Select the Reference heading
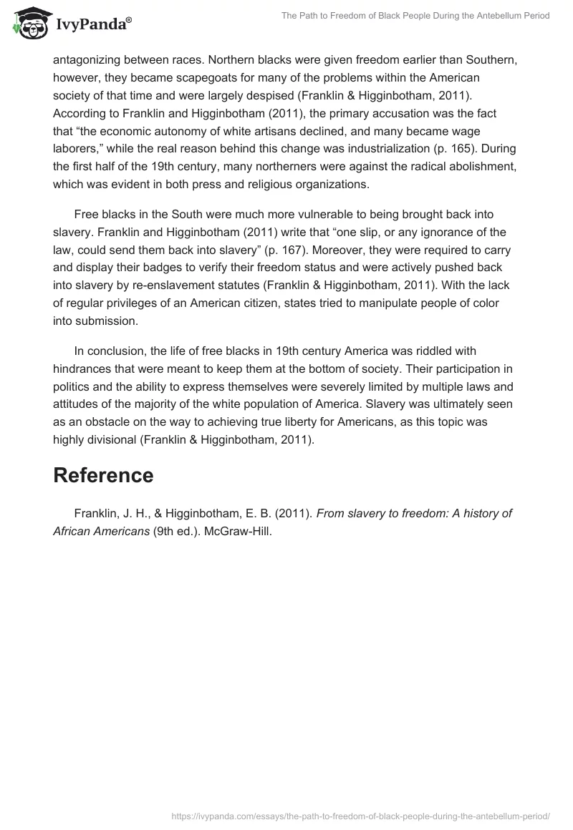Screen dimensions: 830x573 [x=103, y=475]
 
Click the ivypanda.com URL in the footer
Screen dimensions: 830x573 [x=360, y=815]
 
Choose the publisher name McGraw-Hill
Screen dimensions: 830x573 [x=239, y=531]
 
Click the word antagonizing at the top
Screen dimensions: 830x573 [x=88, y=59]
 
